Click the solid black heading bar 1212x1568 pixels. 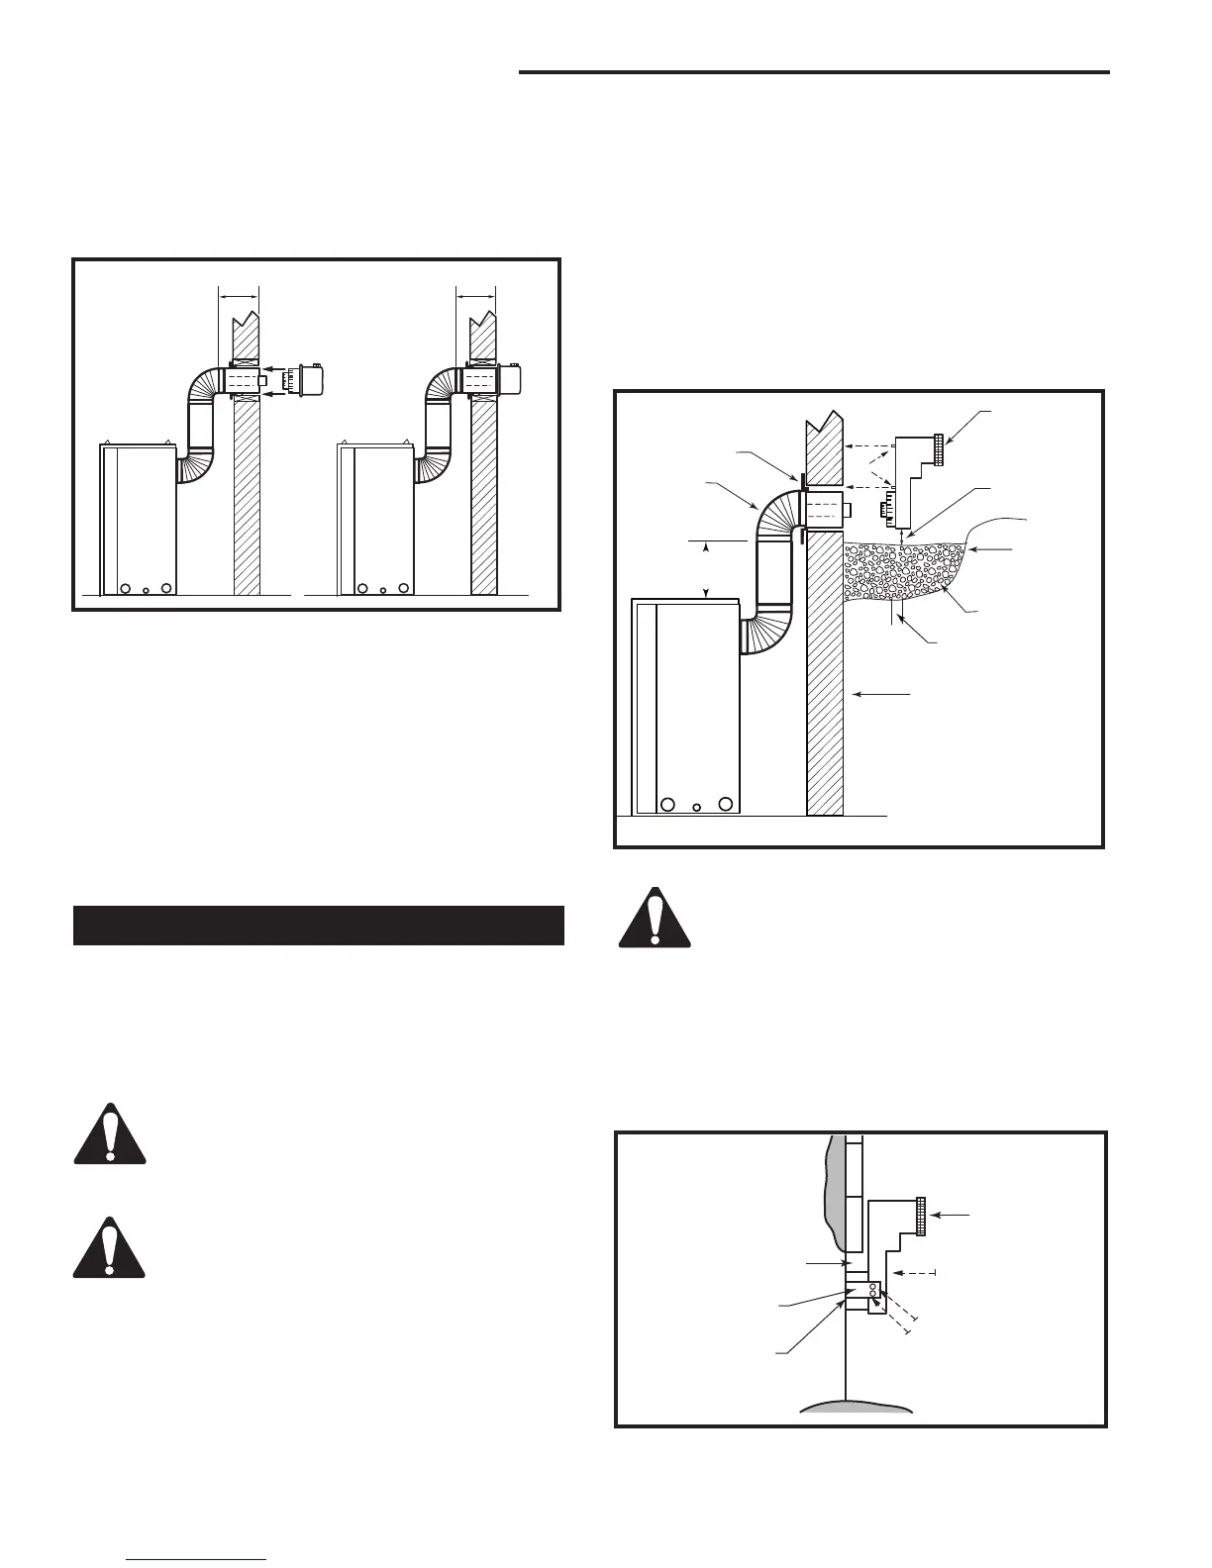pyautogui.click(x=319, y=925)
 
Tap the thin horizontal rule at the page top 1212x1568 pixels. pyautogui.click(x=814, y=71)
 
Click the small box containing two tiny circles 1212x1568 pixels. pyautogui.click(x=875, y=1291)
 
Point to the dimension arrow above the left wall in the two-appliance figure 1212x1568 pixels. pyautogui.click(x=238, y=295)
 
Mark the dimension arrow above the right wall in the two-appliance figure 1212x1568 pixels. pyautogui.click(x=475, y=295)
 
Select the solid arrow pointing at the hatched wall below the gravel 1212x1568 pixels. pyautogui.click(x=881, y=696)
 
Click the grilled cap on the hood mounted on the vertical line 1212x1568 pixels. pyautogui.click(x=921, y=1216)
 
